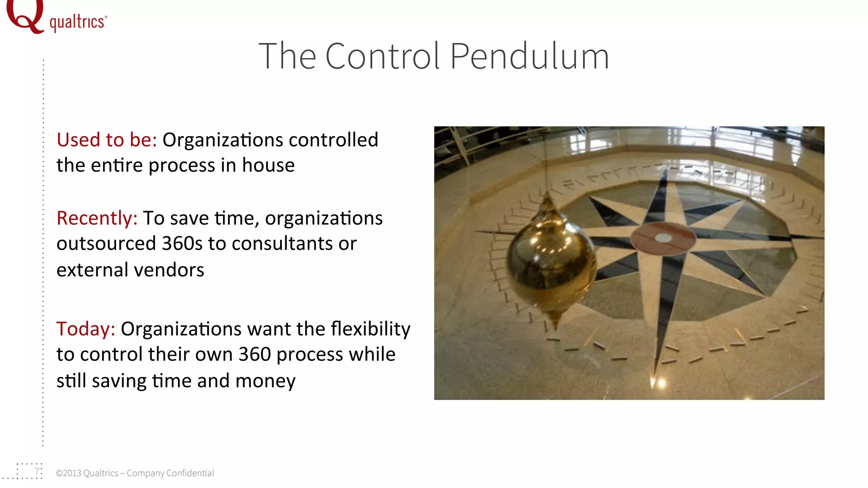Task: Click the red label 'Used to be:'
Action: [107, 140]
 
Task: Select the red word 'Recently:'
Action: [97, 218]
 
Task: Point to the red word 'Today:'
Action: [86, 329]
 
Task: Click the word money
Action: [265, 381]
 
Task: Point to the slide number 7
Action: [37, 471]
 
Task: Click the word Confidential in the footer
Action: [190, 473]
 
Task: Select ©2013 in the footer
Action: [68, 473]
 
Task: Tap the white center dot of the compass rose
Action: [663, 238]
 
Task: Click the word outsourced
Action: [106, 244]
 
